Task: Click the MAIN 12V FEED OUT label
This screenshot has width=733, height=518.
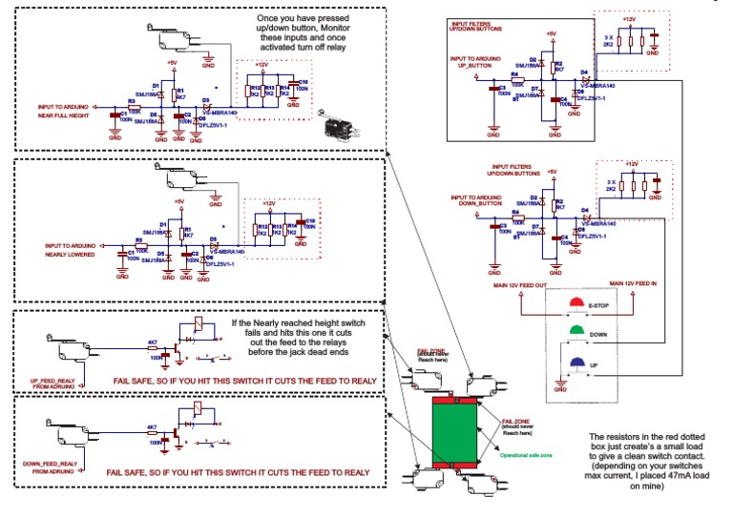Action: (520, 285)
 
